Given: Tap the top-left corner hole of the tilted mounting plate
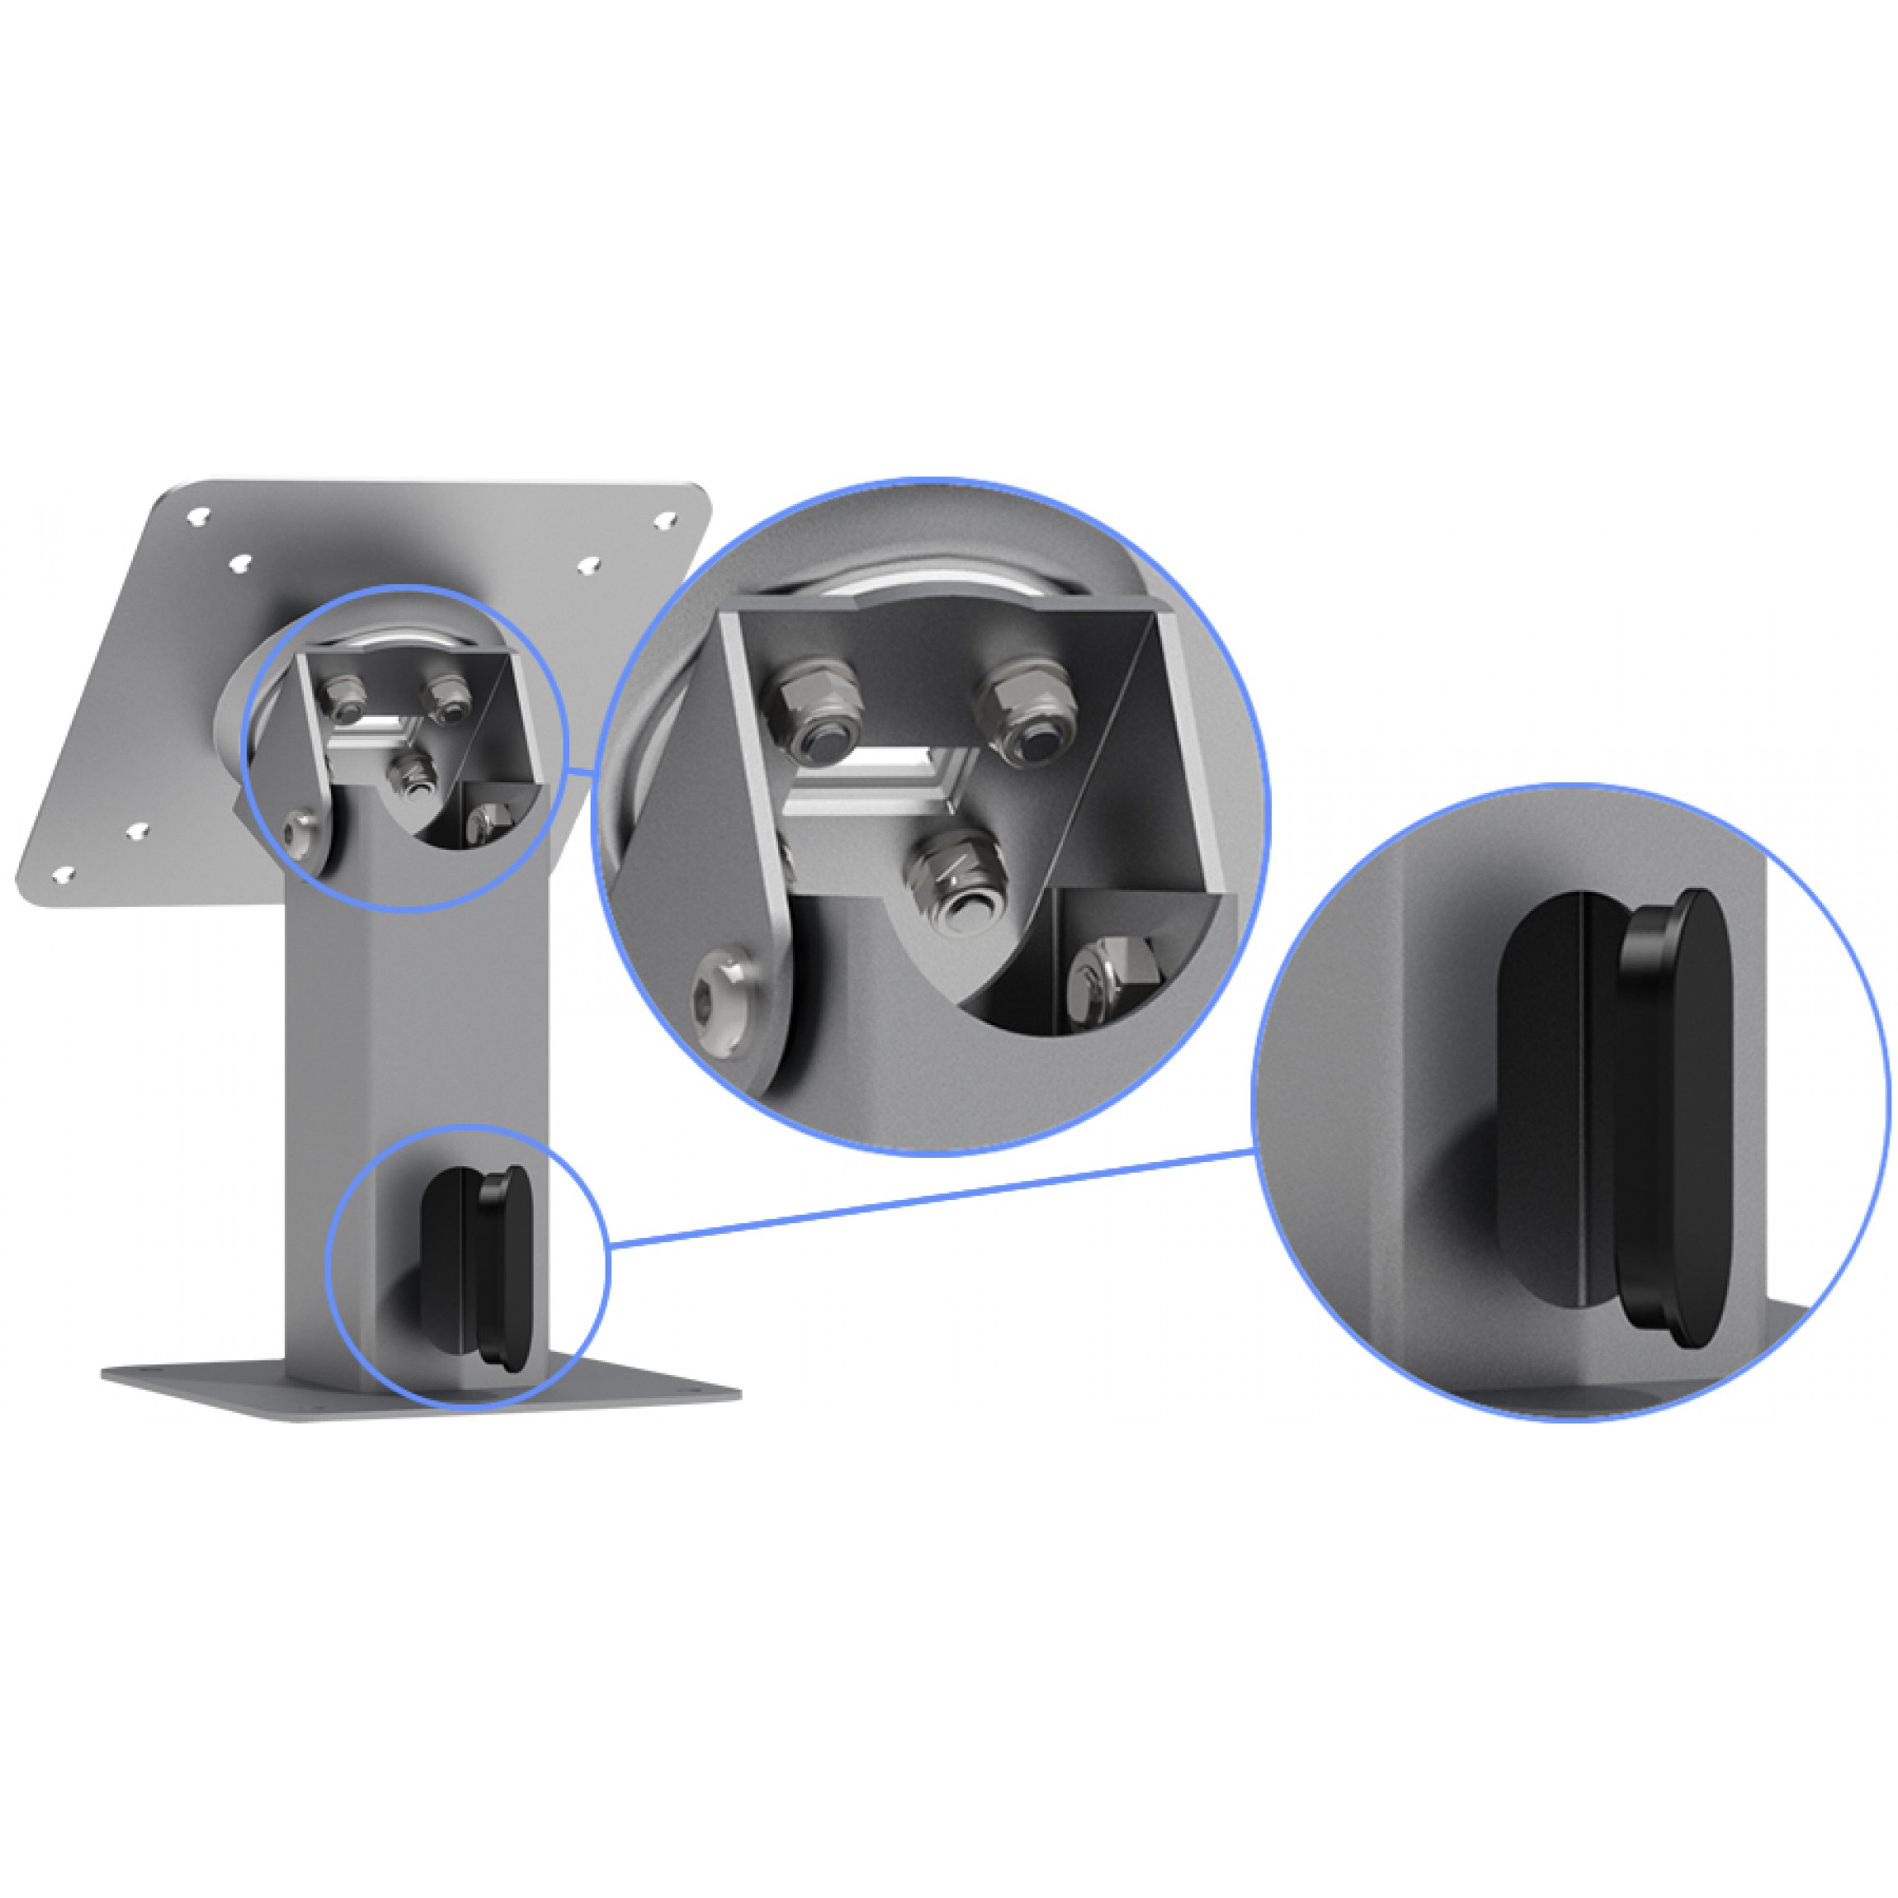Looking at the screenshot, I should (x=200, y=514).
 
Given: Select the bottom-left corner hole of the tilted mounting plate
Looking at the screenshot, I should (x=63, y=873).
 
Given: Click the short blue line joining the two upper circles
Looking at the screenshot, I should (x=582, y=776).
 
